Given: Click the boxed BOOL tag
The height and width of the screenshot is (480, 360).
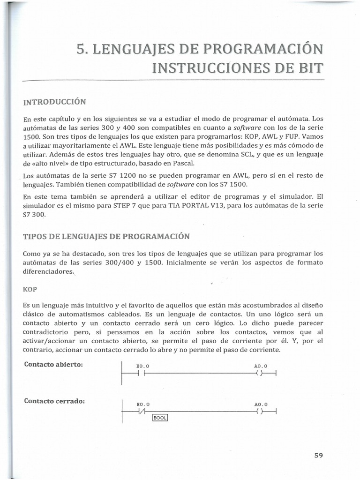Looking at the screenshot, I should click(x=160, y=418).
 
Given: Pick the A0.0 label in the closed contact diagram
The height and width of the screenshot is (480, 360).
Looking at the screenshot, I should click(x=261, y=404).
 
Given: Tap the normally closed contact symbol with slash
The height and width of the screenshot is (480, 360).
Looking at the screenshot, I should click(x=142, y=411).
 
